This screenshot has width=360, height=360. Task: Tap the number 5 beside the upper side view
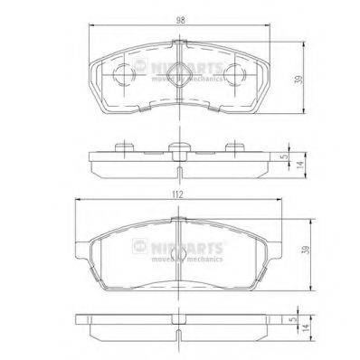(286, 155)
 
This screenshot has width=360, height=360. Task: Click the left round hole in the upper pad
(124, 76)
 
